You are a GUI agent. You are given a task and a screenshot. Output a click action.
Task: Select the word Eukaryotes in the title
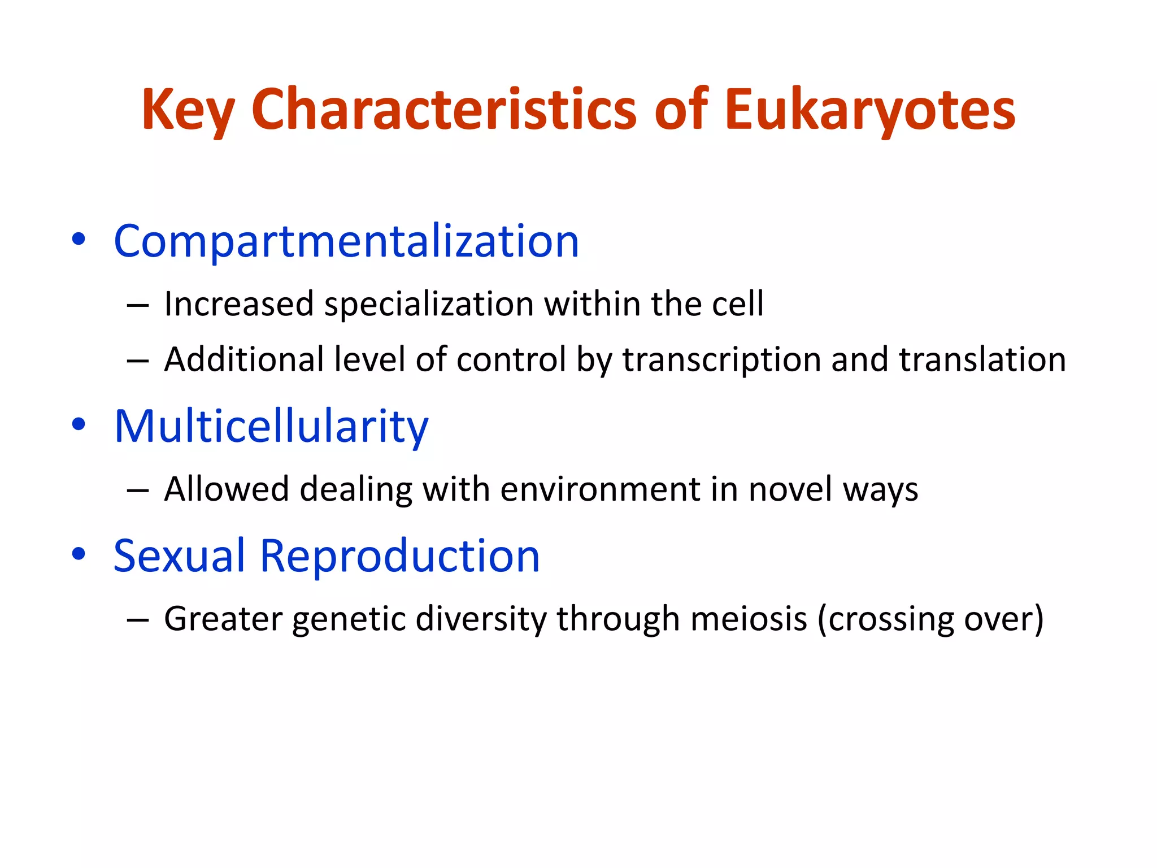(870, 110)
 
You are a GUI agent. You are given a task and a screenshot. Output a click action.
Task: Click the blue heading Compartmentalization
(346, 241)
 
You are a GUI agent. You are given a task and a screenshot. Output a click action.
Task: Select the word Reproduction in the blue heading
(399, 556)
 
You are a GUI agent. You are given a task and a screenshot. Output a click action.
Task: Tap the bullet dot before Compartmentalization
(79, 239)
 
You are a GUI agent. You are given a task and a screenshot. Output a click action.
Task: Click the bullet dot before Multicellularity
(79, 424)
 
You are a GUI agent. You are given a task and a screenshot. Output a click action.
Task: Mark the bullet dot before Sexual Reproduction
(79, 554)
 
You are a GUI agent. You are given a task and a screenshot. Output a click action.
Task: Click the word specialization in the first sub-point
(429, 305)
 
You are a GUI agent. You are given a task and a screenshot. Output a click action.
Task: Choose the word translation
(982, 360)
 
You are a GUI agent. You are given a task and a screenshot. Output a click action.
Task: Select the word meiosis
(749, 619)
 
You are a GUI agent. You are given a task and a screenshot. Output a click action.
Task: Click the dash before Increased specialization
(138, 306)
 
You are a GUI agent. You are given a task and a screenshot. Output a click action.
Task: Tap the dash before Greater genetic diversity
(138, 620)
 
